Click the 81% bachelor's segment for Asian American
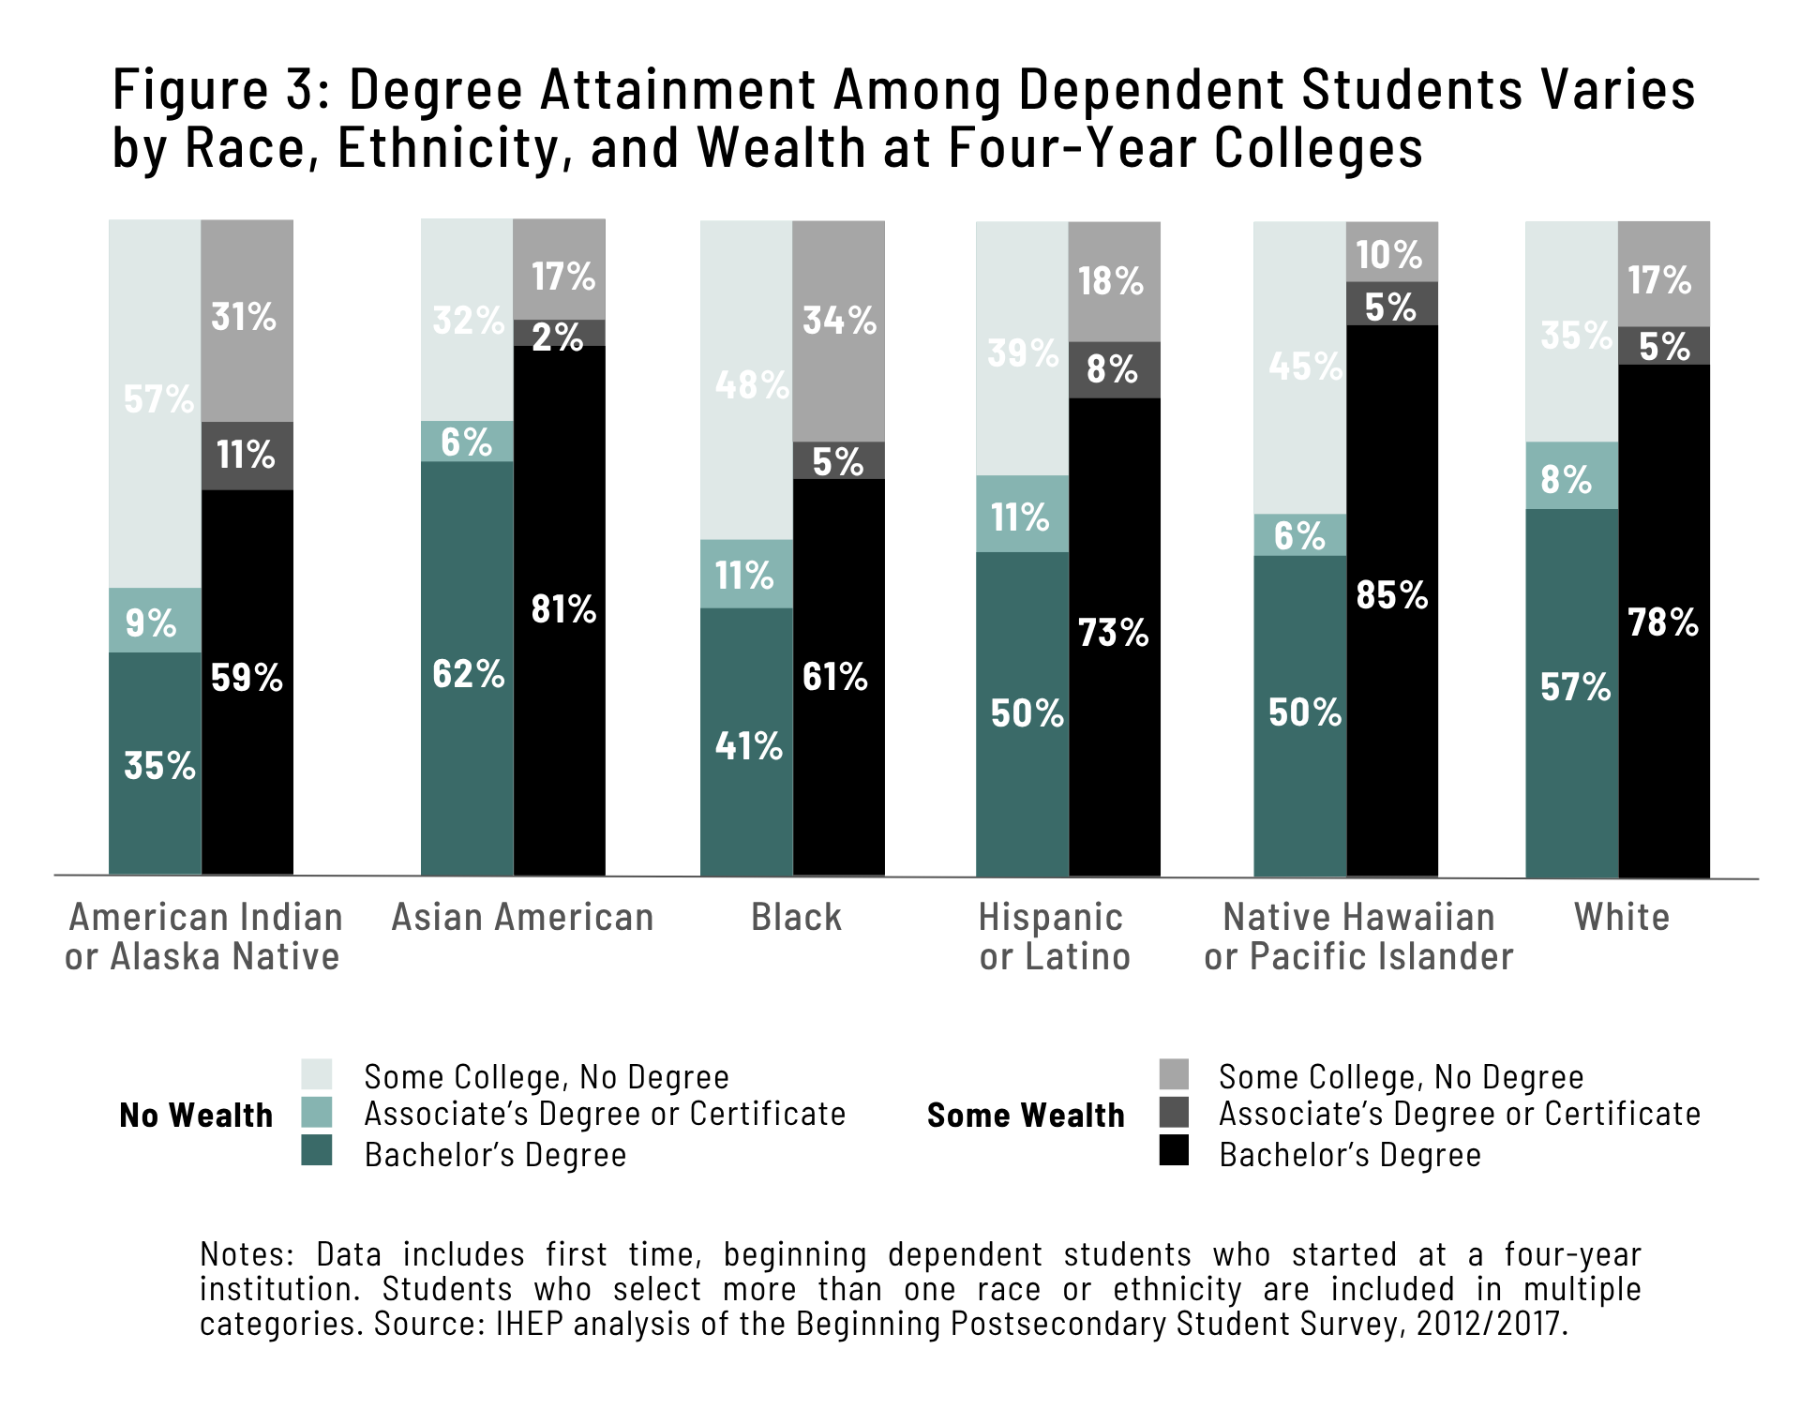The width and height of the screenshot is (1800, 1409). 560,609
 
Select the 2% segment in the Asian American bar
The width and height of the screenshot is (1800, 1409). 560,334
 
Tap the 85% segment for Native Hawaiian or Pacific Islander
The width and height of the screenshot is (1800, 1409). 1392,600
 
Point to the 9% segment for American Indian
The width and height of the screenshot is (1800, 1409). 155,621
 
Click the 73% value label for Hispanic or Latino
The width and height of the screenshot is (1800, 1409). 1114,633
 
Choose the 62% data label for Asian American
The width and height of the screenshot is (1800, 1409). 468,674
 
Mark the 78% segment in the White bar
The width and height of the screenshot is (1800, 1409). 1664,621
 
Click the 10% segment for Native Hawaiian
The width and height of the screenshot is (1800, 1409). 1392,252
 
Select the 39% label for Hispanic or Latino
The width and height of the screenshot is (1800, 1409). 1023,353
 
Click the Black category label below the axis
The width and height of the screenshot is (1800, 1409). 796,917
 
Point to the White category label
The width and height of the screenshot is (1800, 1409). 1622,917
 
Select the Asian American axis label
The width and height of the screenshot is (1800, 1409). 522,917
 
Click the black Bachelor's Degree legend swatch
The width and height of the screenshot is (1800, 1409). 1174,1150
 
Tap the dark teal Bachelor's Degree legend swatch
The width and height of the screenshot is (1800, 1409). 317,1150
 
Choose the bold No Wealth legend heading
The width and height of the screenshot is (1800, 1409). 196,1115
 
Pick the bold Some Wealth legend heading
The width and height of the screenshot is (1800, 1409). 1026,1115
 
